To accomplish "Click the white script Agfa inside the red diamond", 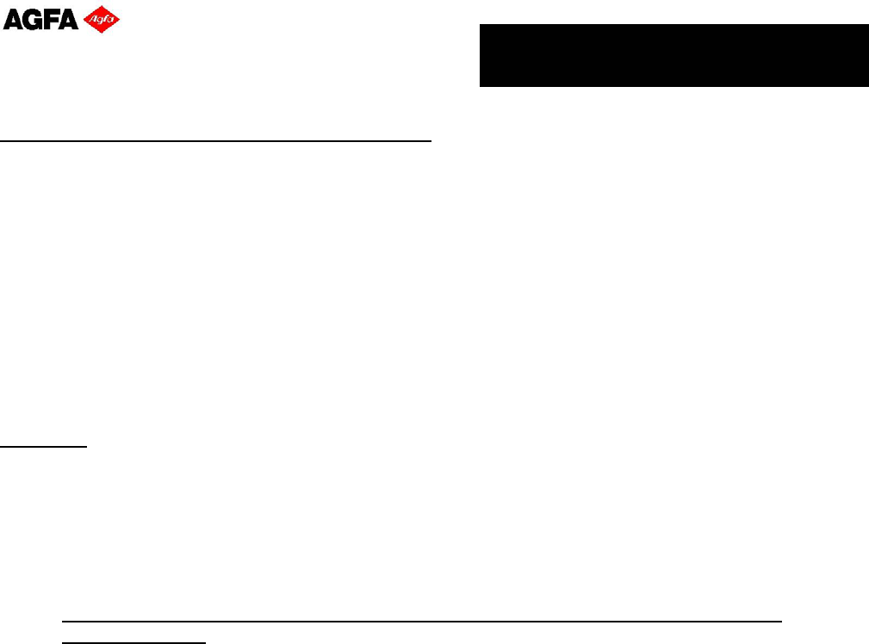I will click(x=101, y=20).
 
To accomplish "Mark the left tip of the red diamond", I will click(x=83, y=20).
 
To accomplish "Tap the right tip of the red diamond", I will click(x=120, y=20).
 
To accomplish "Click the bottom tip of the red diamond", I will click(x=101, y=34).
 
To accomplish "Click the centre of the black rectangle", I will click(x=673, y=56).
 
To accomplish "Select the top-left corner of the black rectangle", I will click(x=480, y=25).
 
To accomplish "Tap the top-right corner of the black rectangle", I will click(x=867, y=25).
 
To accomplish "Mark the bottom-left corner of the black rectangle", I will click(x=480, y=86).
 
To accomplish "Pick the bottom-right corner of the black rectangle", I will click(x=867, y=86).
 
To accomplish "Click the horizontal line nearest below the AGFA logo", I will click(x=215, y=139).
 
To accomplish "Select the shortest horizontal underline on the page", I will click(x=44, y=447).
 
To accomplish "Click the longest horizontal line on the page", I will click(x=422, y=621).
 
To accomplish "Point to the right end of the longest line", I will click(x=781, y=621).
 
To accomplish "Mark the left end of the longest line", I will click(x=63, y=621).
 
